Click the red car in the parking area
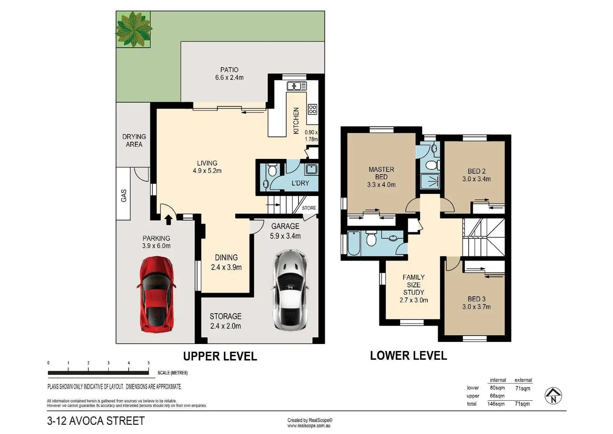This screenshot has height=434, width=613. click(x=157, y=294)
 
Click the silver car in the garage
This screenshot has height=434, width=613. click(x=290, y=290)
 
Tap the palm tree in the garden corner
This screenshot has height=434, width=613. click(x=134, y=29)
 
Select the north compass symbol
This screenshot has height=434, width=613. click(x=553, y=396)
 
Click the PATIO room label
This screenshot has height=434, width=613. click(x=229, y=70)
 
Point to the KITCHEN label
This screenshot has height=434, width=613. click(x=296, y=121)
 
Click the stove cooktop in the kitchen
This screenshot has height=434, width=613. click(x=312, y=109)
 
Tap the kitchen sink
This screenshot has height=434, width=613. click(x=297, y=86)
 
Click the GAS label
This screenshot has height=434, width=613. click(x=124, y=196)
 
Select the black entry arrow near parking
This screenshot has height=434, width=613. click(x=169, y=220)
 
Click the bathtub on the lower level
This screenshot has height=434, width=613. click(x=354, y=243)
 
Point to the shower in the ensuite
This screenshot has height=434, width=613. click(x=430, y=181)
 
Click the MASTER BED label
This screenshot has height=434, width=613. click(x=381, y=173)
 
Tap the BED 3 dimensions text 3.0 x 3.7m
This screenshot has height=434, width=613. click(x=476, y=307)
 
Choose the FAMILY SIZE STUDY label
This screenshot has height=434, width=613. click(x=414, y=285)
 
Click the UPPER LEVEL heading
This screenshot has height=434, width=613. click(x=220, y=356)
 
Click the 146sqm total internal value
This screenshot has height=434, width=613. click(x=496, y=404)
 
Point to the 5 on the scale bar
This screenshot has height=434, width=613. click(x=149, y=363)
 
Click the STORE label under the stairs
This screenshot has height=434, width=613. click(x=309, y=208)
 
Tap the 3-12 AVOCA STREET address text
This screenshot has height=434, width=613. click(x=96, y=421)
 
